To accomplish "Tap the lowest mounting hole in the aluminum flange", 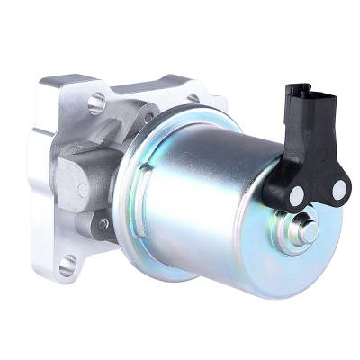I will pos(67,265).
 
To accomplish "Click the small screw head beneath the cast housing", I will pos(103,223).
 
